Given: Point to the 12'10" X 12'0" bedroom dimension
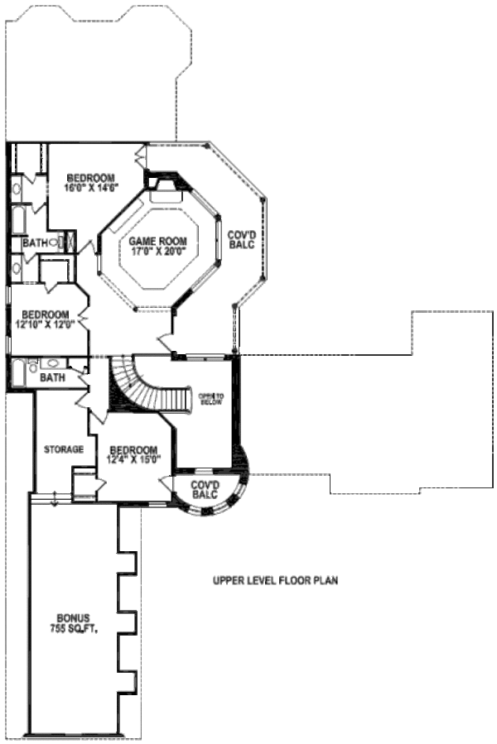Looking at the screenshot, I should pyautogui.click(x=45, y=324).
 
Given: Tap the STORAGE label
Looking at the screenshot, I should pyautogui.click(x=64, y=449).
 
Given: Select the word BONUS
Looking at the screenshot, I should pyautogui.click(x=73, y=618).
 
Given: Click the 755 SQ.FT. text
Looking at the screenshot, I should pyautogui.click(x=73, y=629).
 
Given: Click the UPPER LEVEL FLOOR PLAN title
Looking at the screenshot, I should pyautogui.click(x=275, y=580).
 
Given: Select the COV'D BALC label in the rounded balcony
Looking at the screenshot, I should pyautogui.click(x=204, y=489).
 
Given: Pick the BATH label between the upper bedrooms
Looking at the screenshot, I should pyautogui.click(x=35, y=242).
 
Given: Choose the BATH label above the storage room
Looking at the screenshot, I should pyautogui.click(x=52, y=377).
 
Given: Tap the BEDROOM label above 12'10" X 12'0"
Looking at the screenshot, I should pyautogui.click(x=45, y=314).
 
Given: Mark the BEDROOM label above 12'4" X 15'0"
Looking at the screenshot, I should pyautogui.click(x=133, y=449).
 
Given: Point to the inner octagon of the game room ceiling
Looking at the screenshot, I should pyautogui.click(x=157, y=248).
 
